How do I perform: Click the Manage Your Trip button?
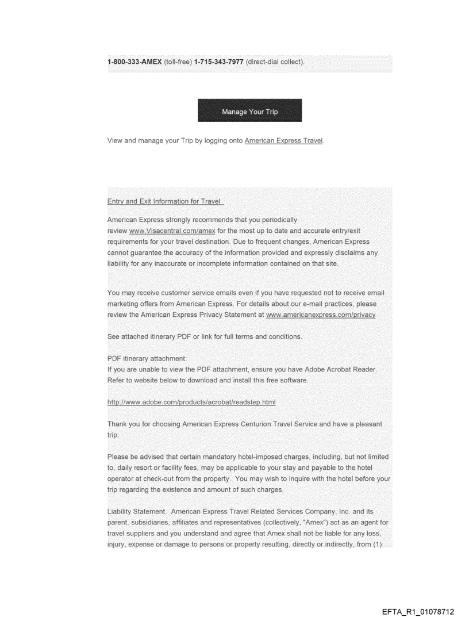point(249,111)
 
